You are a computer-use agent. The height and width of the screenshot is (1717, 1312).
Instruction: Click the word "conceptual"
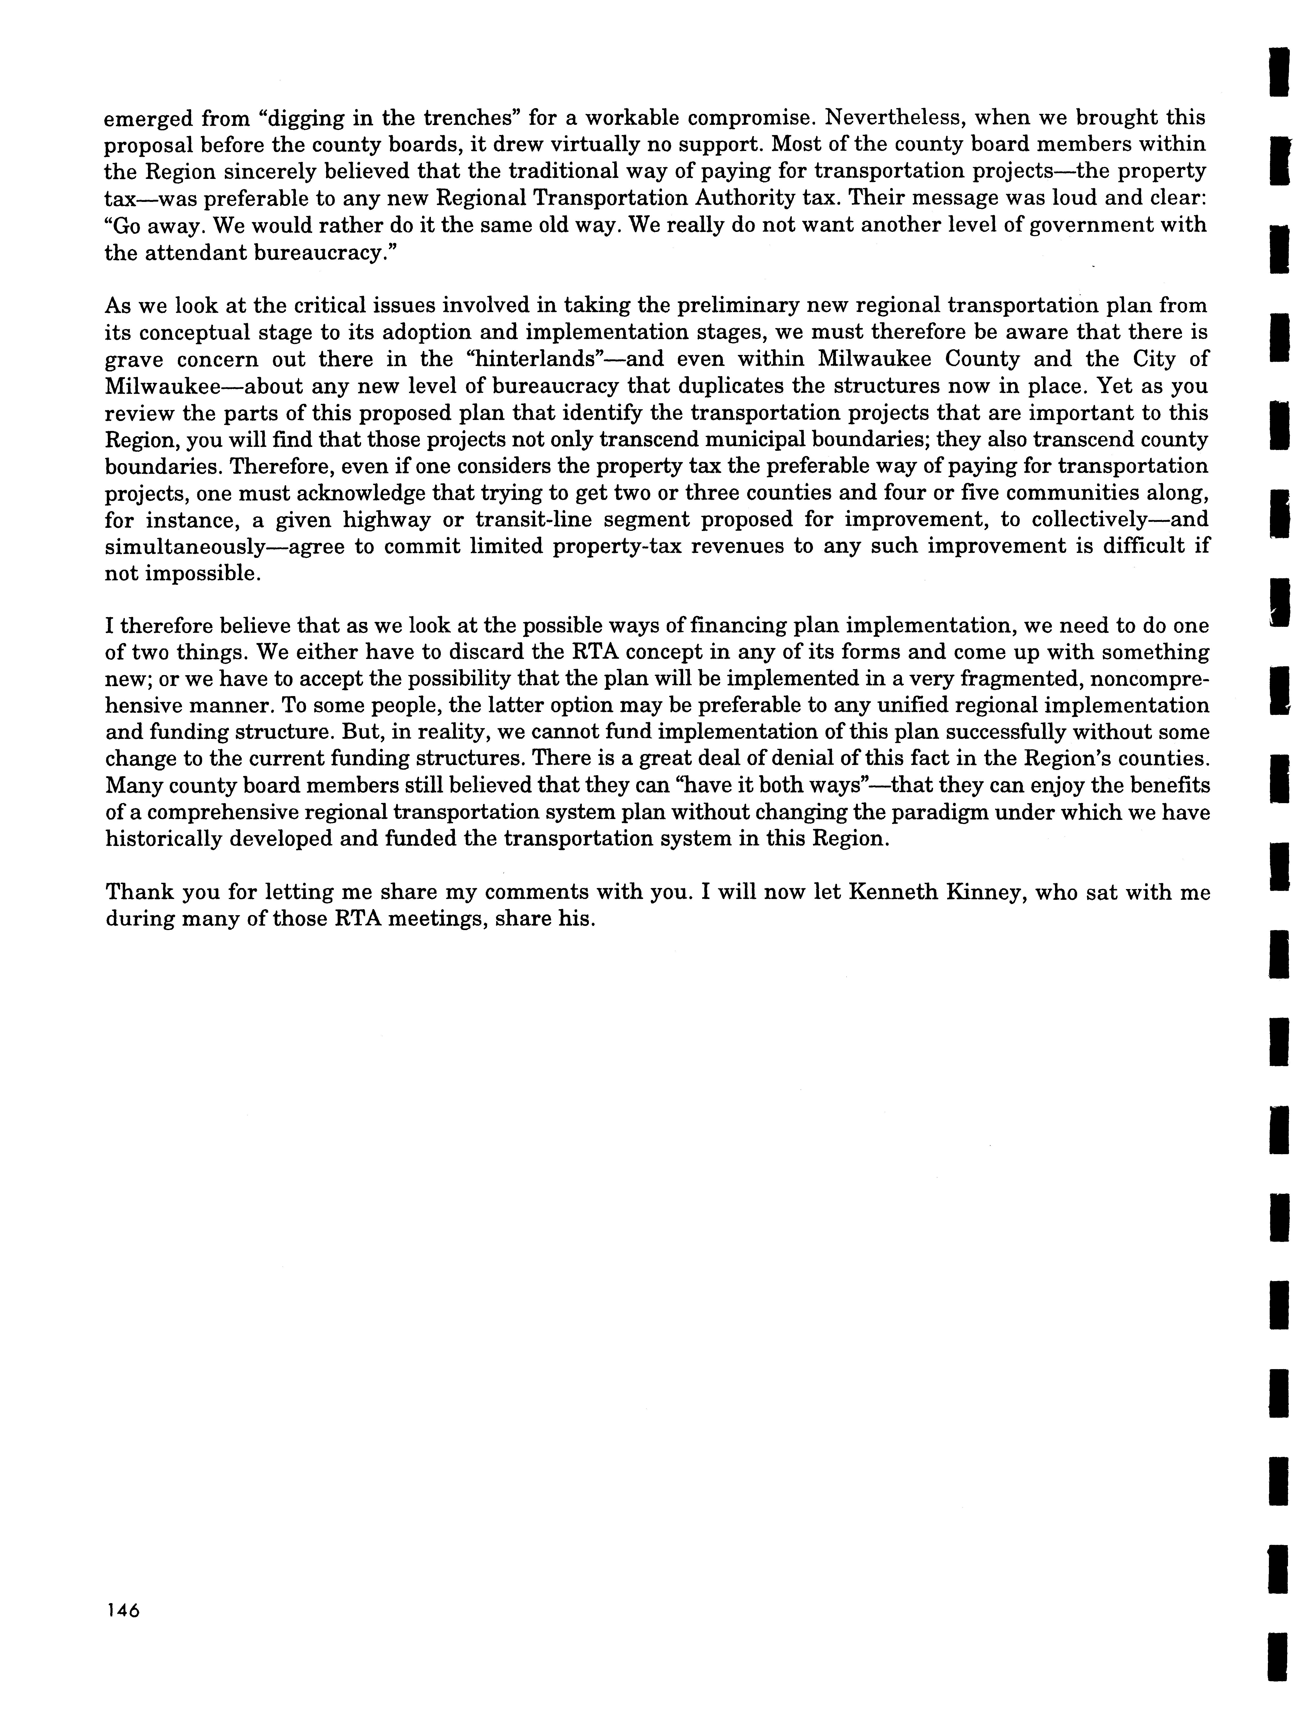point(200,333)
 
